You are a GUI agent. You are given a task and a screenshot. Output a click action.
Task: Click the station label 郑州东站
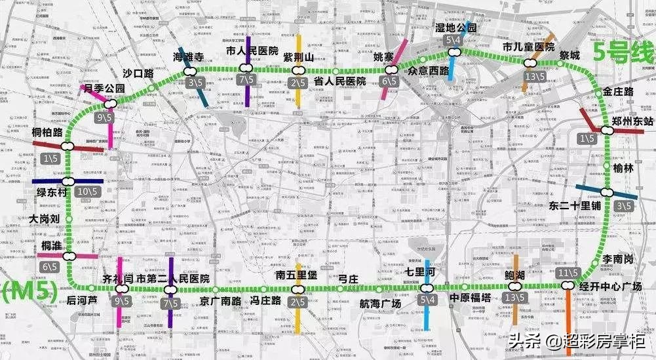(630, 121)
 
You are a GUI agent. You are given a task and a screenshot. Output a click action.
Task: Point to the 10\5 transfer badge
(86, 191)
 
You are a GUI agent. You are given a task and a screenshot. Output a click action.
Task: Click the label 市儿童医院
(528, 47)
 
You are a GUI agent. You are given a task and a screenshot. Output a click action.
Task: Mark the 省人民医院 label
(339, 81)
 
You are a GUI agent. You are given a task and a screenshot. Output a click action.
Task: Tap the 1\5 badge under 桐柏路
(48, 158)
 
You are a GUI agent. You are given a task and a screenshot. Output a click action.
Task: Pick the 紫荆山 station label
(299, 58)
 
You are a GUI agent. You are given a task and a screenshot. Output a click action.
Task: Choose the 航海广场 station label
(380, 303)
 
